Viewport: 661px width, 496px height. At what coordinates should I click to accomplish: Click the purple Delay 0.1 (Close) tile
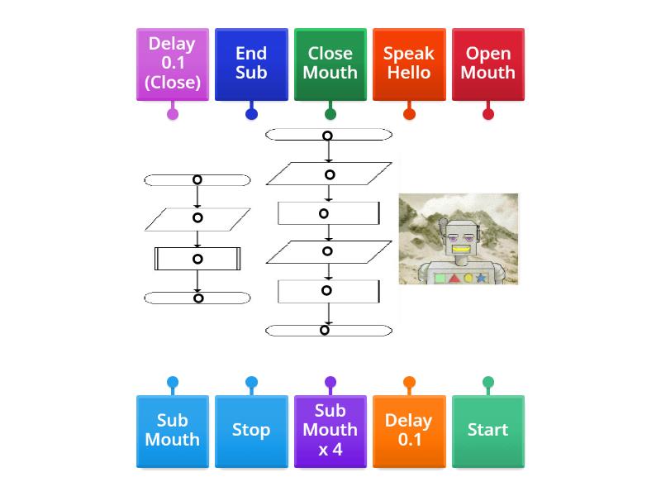pos(172,64)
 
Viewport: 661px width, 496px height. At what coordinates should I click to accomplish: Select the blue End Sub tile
pos(251,64)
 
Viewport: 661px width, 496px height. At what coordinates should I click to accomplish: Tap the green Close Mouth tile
pos(330,64)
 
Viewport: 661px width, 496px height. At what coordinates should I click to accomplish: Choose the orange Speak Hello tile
pos(409,64)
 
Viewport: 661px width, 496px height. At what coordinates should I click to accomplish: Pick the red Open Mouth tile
pos(488,64)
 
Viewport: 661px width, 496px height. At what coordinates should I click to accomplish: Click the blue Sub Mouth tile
pos(172,431)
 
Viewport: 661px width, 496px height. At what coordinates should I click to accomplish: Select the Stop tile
pos(251,431)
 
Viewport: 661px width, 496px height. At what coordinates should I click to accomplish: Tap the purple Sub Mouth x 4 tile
pos(330,431)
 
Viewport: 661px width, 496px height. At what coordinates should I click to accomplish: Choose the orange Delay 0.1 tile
pos(409,431)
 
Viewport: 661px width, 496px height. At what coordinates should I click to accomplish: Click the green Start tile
pos(488,431)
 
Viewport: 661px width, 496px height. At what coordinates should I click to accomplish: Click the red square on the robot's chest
pos(440,279)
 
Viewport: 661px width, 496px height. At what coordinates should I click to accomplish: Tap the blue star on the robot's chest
pos(481,279)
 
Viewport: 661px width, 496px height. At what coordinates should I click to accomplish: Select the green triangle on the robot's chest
pos(454,279)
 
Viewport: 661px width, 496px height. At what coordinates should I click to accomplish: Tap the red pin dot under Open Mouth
pos(488,114)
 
